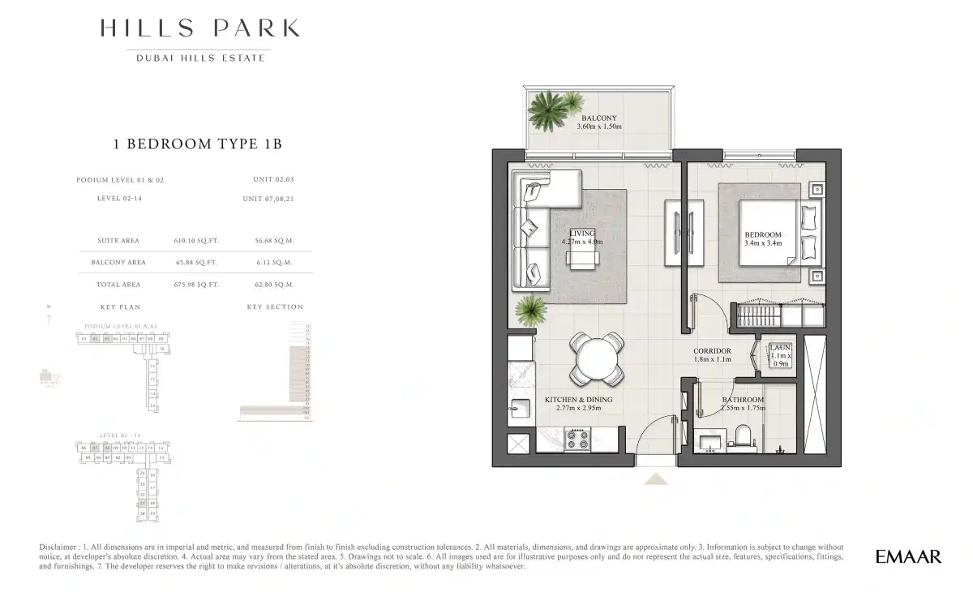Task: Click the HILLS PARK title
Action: click(199, 29)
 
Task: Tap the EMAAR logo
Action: click(908, 557)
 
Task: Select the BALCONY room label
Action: click(598, 118)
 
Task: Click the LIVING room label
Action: click(581, 234)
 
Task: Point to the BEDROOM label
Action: click(763, 235)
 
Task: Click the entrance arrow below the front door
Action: click(655, 479)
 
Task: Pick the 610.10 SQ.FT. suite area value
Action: click(196, 241)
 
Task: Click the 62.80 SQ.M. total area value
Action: click(273, 285)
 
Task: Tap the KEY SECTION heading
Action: click(275, 307)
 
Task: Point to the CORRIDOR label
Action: click(712, 351)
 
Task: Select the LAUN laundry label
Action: click(780, 347)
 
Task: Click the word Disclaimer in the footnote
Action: click(60, 548)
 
